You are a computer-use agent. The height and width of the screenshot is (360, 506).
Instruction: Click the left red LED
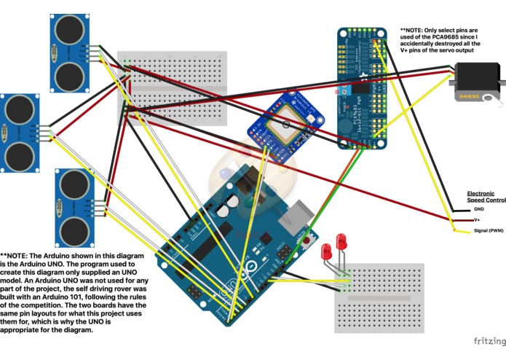[327, 251]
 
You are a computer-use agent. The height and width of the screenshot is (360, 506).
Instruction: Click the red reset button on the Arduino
[306, 239]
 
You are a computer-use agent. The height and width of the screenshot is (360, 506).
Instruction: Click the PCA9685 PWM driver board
[361, 87]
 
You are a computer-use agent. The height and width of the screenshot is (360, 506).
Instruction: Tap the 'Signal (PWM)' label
[488, 230]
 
